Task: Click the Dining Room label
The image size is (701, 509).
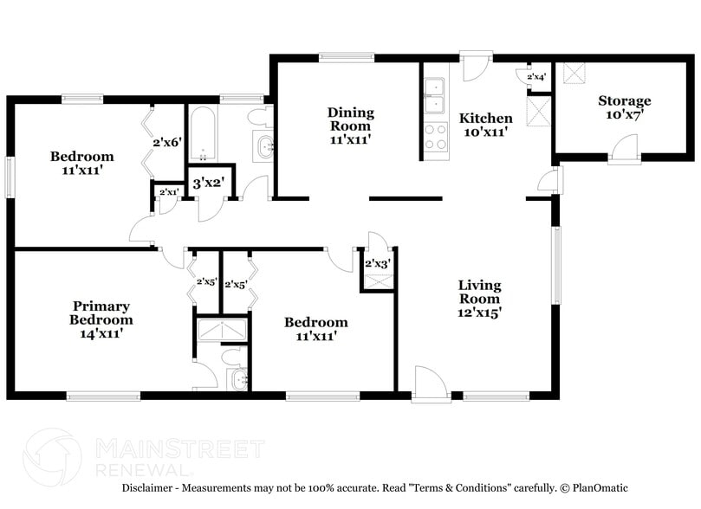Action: (350, 125)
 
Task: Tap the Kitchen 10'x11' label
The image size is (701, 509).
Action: (485, 125)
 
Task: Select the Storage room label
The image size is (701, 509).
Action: (624, 107)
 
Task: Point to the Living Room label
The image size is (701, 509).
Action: (479, 299)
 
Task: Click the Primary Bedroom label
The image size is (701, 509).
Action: (101, 319)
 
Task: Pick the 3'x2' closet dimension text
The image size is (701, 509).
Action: (208, 183)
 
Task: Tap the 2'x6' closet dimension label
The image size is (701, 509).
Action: (166, 142)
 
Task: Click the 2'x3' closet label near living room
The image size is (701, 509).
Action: (377, 263)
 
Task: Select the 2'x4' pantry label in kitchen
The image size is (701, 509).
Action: (536, 77)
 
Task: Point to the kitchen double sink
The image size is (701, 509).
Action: (433, 96)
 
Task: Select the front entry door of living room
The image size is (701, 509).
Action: (431, 384)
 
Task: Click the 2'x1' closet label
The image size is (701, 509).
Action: (168, 191)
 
